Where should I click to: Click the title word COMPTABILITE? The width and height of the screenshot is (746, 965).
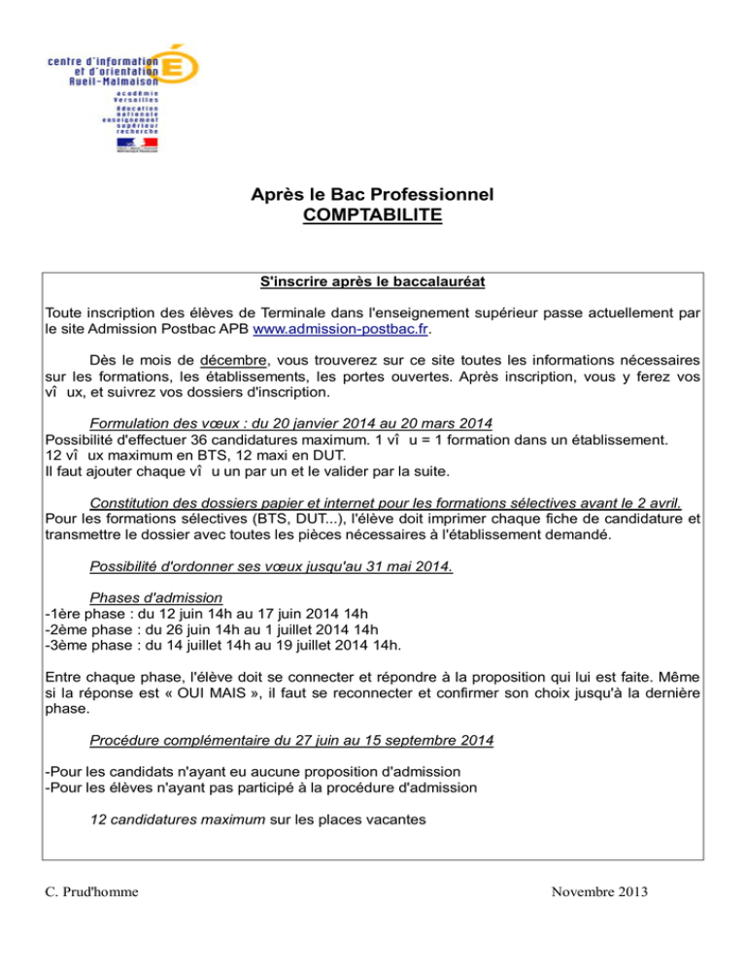(x=372, y=214)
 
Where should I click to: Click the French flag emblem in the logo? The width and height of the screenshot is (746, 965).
(x=137, y=144)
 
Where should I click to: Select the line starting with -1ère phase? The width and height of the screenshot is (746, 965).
(x=207, y=614)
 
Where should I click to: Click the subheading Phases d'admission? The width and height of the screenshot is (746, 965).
(x=155, y=598)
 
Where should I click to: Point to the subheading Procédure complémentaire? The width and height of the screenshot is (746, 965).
(x=290, y=740)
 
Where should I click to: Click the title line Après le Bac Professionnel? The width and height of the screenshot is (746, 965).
(x=372, y=194)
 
